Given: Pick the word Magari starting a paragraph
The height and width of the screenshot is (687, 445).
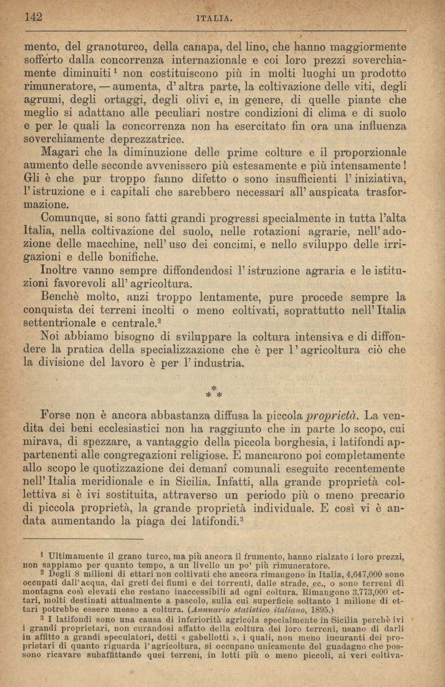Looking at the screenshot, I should pos(58,152).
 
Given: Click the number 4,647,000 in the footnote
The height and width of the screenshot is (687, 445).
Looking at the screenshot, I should pos(359,574).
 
